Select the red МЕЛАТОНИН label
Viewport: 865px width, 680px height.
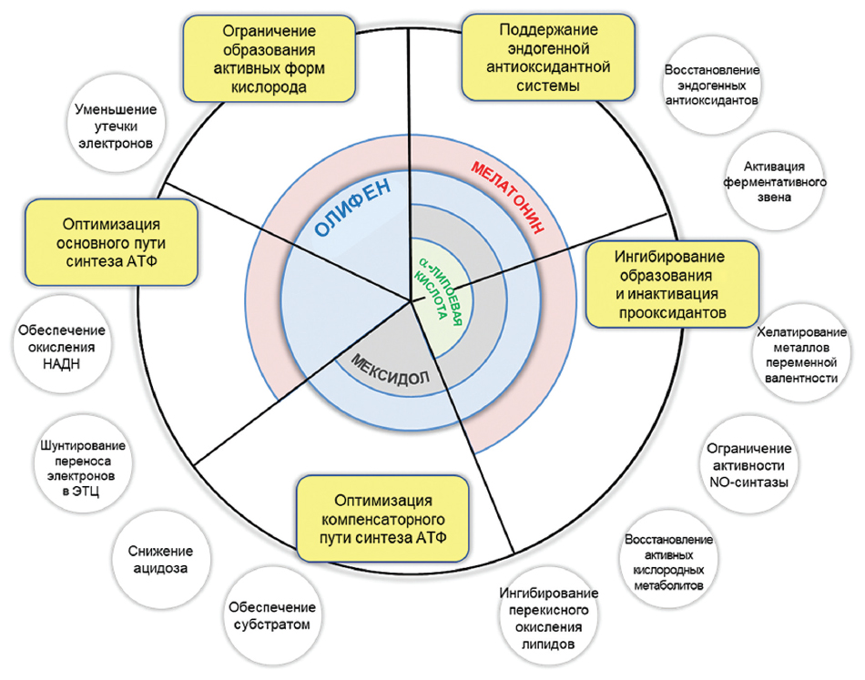507,197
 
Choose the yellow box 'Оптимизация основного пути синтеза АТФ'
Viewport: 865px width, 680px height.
112,241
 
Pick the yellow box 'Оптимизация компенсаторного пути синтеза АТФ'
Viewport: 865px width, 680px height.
383,519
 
